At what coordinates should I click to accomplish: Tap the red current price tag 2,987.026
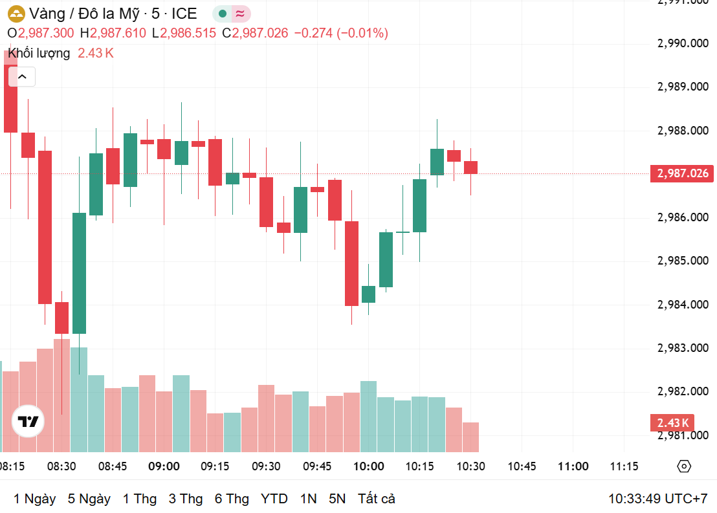tap(682, 173)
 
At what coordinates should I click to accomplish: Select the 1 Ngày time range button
tap(34, 499)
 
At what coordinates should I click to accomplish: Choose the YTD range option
tap(274, 499)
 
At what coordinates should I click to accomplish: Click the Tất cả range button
tap(376, 499)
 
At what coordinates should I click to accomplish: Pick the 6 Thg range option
tap(232, 499)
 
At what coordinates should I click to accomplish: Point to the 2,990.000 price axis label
tap(682, 43)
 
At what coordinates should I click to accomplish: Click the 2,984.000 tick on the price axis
tap(682, 304)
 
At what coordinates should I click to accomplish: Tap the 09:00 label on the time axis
tap(164, 466)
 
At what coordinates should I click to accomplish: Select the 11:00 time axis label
tap(573, 466)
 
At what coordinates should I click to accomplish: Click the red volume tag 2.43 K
tap(673, 423)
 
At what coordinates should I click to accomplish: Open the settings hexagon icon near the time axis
tap(685, 466)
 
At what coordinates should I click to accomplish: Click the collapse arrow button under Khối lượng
tap(22, 77)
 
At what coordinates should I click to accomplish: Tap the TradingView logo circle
tap(28, 422)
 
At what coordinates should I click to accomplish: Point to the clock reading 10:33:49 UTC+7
tap(657, 499)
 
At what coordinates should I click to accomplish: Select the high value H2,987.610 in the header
tap(113, 33)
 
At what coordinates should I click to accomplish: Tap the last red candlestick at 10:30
tap(470, 168)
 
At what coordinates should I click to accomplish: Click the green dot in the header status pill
tap(223, 14)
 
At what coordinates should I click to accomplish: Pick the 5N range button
tap(337, 499)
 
